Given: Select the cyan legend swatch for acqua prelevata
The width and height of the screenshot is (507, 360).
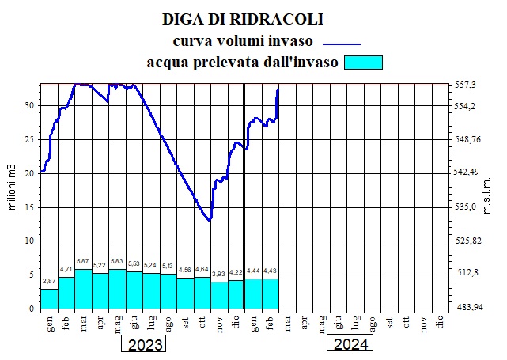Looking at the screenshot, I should [364, 62].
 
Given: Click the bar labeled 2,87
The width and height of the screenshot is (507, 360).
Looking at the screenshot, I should [49, 298].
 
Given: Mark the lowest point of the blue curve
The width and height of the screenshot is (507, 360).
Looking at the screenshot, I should [209, 220].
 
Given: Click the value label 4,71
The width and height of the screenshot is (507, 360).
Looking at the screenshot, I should [66, 270].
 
